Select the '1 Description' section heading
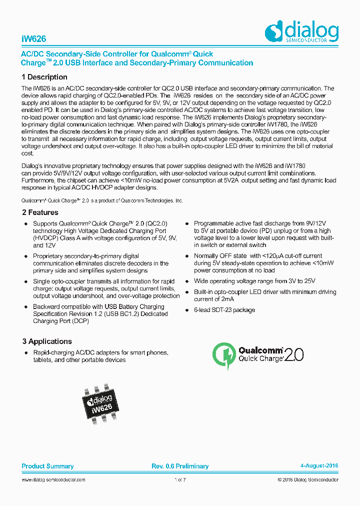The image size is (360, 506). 44,77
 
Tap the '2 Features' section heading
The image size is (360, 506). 40,212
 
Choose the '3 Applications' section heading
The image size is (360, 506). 47,341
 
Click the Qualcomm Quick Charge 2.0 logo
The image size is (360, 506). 258,355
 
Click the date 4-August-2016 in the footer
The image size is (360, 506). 319,466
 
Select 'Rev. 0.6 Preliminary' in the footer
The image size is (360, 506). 180,466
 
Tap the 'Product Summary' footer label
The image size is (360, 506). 47,466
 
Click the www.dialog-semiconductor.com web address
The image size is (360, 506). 53,480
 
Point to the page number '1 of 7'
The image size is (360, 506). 180,480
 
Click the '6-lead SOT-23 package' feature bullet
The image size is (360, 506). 224,310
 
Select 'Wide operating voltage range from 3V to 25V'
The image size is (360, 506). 254,281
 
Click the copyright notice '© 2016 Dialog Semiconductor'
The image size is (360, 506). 308,480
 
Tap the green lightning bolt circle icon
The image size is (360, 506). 223,355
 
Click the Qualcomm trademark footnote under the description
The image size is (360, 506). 102,200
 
